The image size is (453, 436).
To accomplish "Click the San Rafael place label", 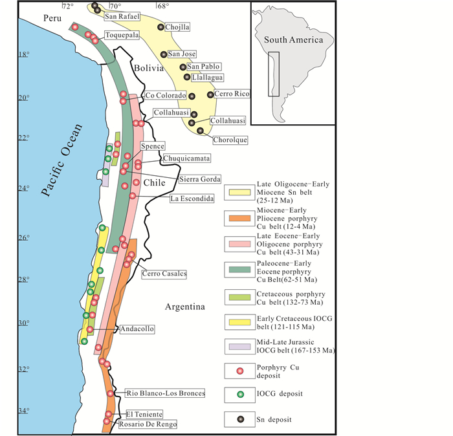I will coord(120,17).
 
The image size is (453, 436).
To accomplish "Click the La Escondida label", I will coord(192,199).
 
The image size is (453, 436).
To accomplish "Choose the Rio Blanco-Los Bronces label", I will coord(166,393).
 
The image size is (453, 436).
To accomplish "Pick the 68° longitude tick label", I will coord(162,6).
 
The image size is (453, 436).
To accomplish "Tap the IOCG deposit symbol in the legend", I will coord(240,394).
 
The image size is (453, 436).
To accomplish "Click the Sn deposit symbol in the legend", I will coord(240,419).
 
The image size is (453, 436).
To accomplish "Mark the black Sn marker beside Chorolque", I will coord(200,130).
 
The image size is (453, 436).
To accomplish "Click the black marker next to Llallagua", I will coord(187,77).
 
